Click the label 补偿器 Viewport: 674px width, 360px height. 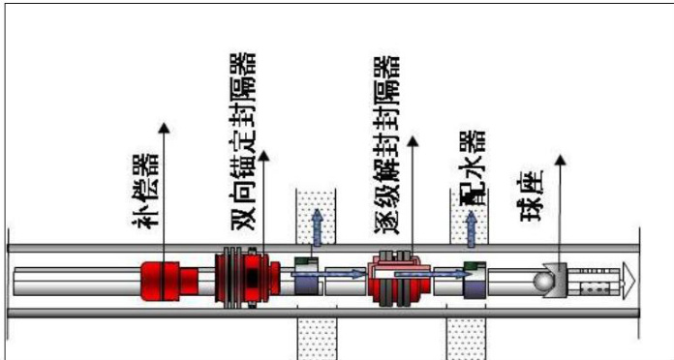pyautogui.click(x=145, y=192)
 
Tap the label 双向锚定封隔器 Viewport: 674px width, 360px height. pyautogui.click(x=244, y=141)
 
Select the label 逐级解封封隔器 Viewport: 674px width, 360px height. pyautogui.click(x=386, y=145)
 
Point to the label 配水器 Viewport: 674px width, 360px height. pyautogui.click(x=474, y=167)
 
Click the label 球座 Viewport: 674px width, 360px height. pyautogui.click(x=532, y=195)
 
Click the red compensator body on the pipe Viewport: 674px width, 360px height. pyautogui.click(x=168, y=281)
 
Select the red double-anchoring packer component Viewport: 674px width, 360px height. pyautogui.click(x=248, y=278)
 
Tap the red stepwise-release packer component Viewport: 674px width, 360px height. pyautogui.click(x=399, y=279)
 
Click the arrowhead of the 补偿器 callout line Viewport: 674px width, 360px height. pyautogui.click(x=164, y=128)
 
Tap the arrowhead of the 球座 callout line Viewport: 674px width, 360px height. pyautogui.click(x=560, y=160)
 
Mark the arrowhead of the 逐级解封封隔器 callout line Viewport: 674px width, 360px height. pyautogui.click(x=413, y=141)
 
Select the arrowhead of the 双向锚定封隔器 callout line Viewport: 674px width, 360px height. pyautogui.click(x=263, y=156)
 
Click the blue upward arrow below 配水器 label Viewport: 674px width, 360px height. pyautogui.click(x=471, y=229)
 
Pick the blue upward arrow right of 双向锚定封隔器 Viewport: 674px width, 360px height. pyautogui.click(x=317, y=227)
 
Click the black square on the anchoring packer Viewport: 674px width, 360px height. pyautogui.click(x=253, y=278)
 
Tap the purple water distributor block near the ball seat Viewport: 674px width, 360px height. pyautogui.click(x=475, y=280)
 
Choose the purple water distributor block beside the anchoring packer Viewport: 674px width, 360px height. pyautogui.click(x=308, y=276)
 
